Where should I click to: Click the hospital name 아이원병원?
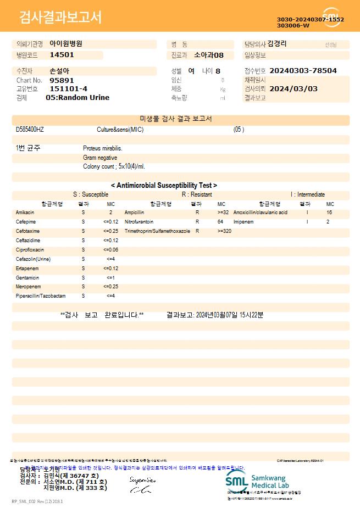tap(66, 43)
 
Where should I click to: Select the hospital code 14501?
tap(62, 55)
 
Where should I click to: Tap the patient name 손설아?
tap(59, 71)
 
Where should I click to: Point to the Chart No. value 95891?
tap(62, 80)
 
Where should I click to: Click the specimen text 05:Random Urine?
tap(77, 97)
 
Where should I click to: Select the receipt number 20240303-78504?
tap(303, 71)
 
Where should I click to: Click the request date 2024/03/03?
tap(293, 88)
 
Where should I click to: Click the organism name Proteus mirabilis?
tap(103, 148)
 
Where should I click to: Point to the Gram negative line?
tap(100, 158)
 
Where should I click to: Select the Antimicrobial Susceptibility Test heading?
tap(164, 186)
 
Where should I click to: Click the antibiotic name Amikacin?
tap(25, 212)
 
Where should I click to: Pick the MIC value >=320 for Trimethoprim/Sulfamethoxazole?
tap(224, 231)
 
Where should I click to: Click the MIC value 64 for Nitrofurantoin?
tap(220, 221)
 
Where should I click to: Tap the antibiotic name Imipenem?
tap(243, 221)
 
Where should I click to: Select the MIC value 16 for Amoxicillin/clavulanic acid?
tap(329, 212)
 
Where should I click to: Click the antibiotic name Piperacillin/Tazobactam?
tap(41, 296)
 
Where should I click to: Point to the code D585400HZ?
tap(30, 130)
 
